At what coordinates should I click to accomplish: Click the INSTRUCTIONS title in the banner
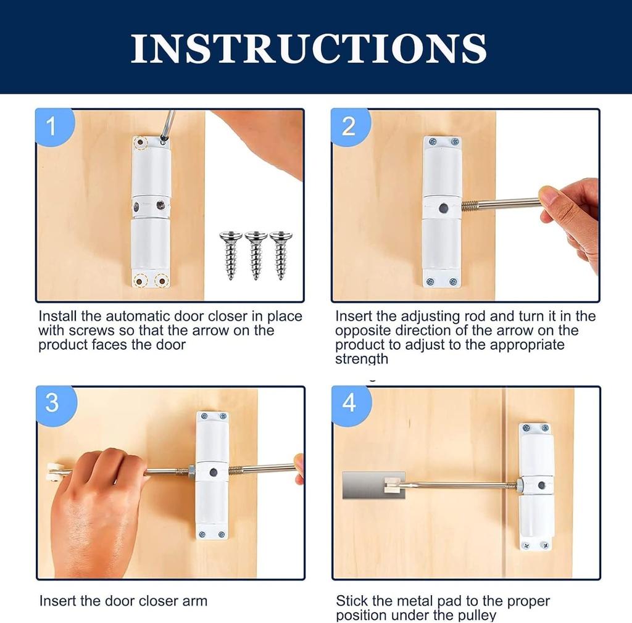click(309, 48)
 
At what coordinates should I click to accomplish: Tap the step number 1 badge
click(52, 127)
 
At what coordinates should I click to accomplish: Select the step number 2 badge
click(349, 126)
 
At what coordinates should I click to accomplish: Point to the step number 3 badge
click(52, 403)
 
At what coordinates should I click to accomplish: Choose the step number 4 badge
click(349, 403)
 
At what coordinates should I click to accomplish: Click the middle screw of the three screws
click(256, 255)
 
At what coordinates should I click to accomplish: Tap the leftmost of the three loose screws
click(231, 255)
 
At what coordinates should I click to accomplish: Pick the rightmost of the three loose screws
click(281, 255)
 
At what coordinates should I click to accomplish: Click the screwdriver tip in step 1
click(164, 141)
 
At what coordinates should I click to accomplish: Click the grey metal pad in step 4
click(364, 485)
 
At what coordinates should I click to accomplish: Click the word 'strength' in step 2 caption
click(362, 359)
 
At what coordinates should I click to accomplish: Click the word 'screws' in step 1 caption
click(81, 331)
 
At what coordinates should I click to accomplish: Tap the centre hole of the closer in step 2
click(443, 208)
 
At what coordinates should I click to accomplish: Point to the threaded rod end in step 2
click(470, 205)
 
